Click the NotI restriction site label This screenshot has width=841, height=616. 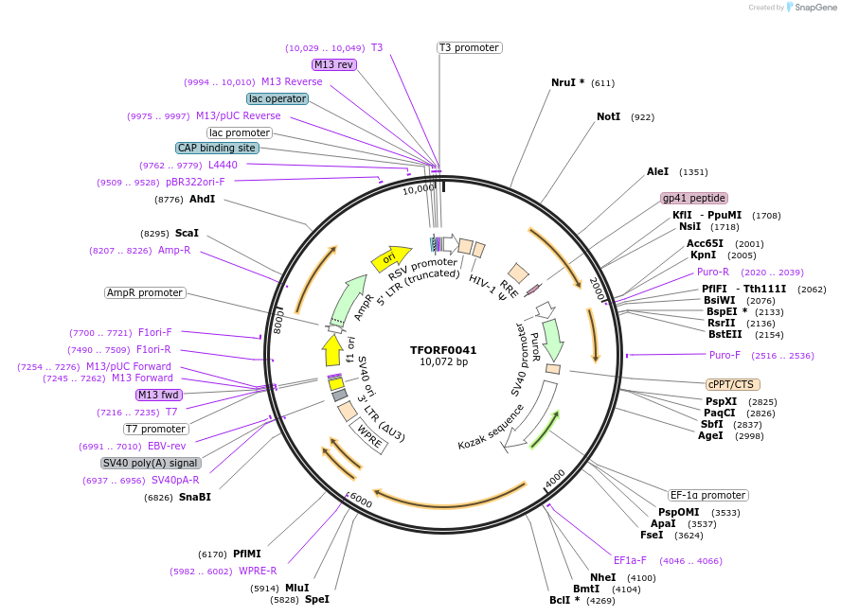[608, 117]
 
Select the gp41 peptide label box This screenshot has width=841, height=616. [694, 199]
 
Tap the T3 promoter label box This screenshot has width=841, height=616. [469, 47]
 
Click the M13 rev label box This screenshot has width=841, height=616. [334, 64]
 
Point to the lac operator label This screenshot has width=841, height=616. [277, 98]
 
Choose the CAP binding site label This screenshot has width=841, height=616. [216, 148]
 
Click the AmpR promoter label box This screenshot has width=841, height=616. [145, 292]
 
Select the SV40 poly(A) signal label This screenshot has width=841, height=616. [150, 463]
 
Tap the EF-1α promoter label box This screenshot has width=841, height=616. [707, 495]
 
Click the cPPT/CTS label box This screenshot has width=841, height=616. [731, 384]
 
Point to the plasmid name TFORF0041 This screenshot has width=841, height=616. [443, 350]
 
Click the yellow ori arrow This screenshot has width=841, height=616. [390, 257]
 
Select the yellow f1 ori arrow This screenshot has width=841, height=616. [332, 351]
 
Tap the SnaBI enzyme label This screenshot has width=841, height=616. [194, 497]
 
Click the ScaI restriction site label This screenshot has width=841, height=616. [187, 233]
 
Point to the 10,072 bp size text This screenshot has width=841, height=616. [443, 362]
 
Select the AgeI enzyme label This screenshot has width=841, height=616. [710, 435]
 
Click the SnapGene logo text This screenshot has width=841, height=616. [814, 8]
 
